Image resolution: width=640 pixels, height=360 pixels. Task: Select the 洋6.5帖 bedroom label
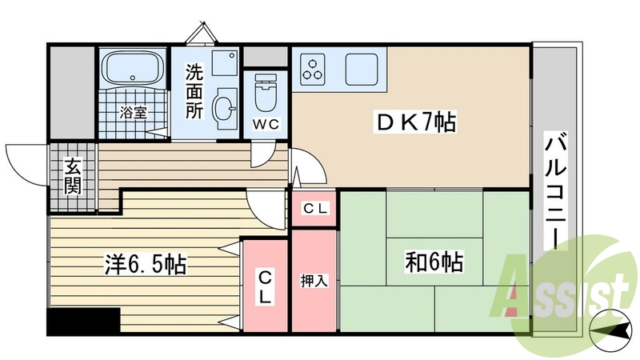click(x=146, y=264)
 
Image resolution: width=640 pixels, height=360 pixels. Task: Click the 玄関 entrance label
click(x=73, y=178)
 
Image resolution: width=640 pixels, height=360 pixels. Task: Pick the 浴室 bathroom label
click(x=133, y=112)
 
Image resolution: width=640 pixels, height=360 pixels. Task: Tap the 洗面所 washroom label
click(x=195, y=90)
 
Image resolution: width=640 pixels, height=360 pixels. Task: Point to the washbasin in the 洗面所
click(x=226, y=107)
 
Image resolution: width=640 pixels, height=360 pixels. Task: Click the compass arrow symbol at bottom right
click(x=606, y=327)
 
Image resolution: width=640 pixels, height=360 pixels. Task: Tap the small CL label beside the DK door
click(x=314, y=209)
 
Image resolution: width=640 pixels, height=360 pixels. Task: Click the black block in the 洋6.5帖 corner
click(x=83, y=322)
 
